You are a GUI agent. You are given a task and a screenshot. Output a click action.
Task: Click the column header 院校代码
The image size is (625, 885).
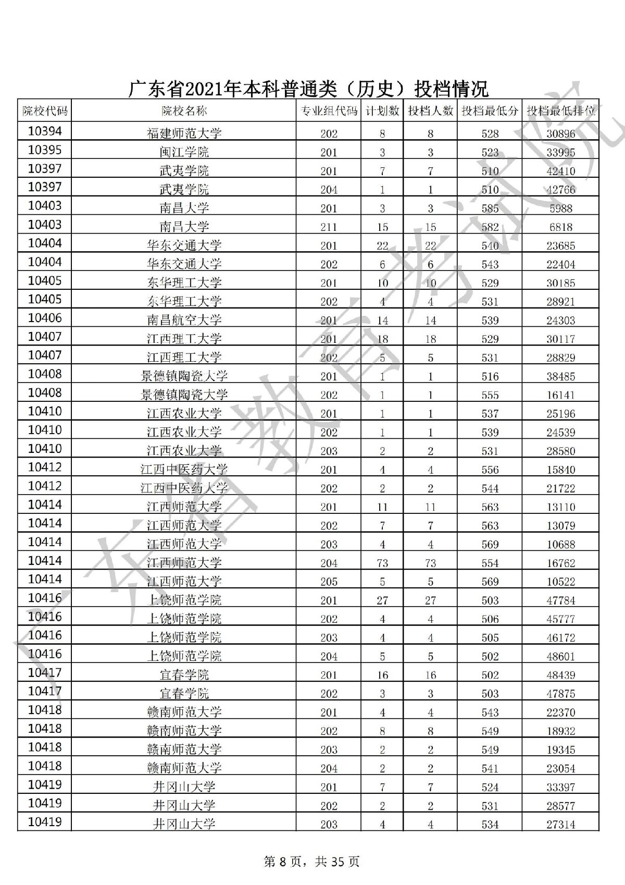(45, 111)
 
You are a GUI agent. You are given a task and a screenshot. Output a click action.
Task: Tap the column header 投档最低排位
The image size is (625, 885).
(561, 111)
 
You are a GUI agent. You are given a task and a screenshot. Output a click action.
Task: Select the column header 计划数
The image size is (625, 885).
(382, 111)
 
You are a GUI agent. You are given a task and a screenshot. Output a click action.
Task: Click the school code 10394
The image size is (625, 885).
(45, 131)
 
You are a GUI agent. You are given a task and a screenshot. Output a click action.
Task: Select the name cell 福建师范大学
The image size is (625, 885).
(184, 133)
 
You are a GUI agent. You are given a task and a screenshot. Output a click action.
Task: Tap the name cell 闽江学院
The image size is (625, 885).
(184, 152)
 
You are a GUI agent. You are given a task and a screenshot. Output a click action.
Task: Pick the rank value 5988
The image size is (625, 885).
(561, 208)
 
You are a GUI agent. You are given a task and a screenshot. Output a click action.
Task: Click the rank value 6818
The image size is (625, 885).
(561, 227)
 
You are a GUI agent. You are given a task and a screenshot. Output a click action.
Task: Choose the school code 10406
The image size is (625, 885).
(45, 318)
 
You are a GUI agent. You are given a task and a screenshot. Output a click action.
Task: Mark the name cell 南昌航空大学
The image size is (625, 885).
(184, 320)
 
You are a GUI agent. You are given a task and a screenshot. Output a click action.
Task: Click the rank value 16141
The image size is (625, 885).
(561, 395)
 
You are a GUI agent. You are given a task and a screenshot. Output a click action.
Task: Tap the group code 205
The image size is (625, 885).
(329, 582)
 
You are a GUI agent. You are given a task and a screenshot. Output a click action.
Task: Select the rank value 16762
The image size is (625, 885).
(561, 563)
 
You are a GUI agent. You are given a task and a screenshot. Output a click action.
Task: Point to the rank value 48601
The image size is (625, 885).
(561, 656)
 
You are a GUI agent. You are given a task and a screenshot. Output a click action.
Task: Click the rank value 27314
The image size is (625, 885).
(561, 825)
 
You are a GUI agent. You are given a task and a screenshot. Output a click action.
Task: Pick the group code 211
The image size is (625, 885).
(329, 227)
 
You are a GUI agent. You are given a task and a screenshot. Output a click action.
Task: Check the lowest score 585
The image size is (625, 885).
(490, 208)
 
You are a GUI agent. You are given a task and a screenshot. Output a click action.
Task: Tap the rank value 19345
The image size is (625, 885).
(561, 749)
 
